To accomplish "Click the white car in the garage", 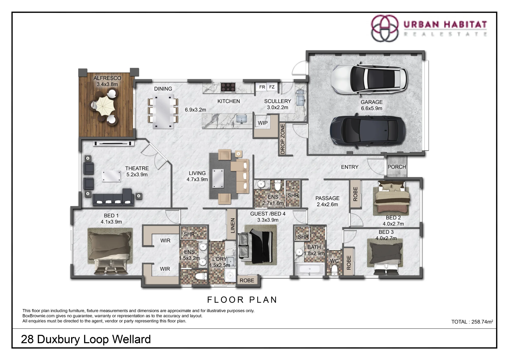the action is tap(369, 79).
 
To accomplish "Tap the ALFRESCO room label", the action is tap(107, 78).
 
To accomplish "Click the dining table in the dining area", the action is tap(163, 112).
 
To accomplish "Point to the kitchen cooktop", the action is tap(228, 87).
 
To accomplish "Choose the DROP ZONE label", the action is tap(282, 139).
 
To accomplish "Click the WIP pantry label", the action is tap(263, 123).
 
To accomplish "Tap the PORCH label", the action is tap(397, 167).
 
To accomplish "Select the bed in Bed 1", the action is tap(110, 251).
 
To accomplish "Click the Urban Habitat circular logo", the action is tap(385, 28).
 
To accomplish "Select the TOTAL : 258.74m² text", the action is tap(472, 322).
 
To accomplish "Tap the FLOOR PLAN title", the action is tap(242, 300).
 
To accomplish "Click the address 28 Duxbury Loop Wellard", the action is tap(86, 339).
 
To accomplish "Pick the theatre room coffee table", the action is tap(111, 176).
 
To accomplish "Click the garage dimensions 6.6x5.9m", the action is tap(372, 108).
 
